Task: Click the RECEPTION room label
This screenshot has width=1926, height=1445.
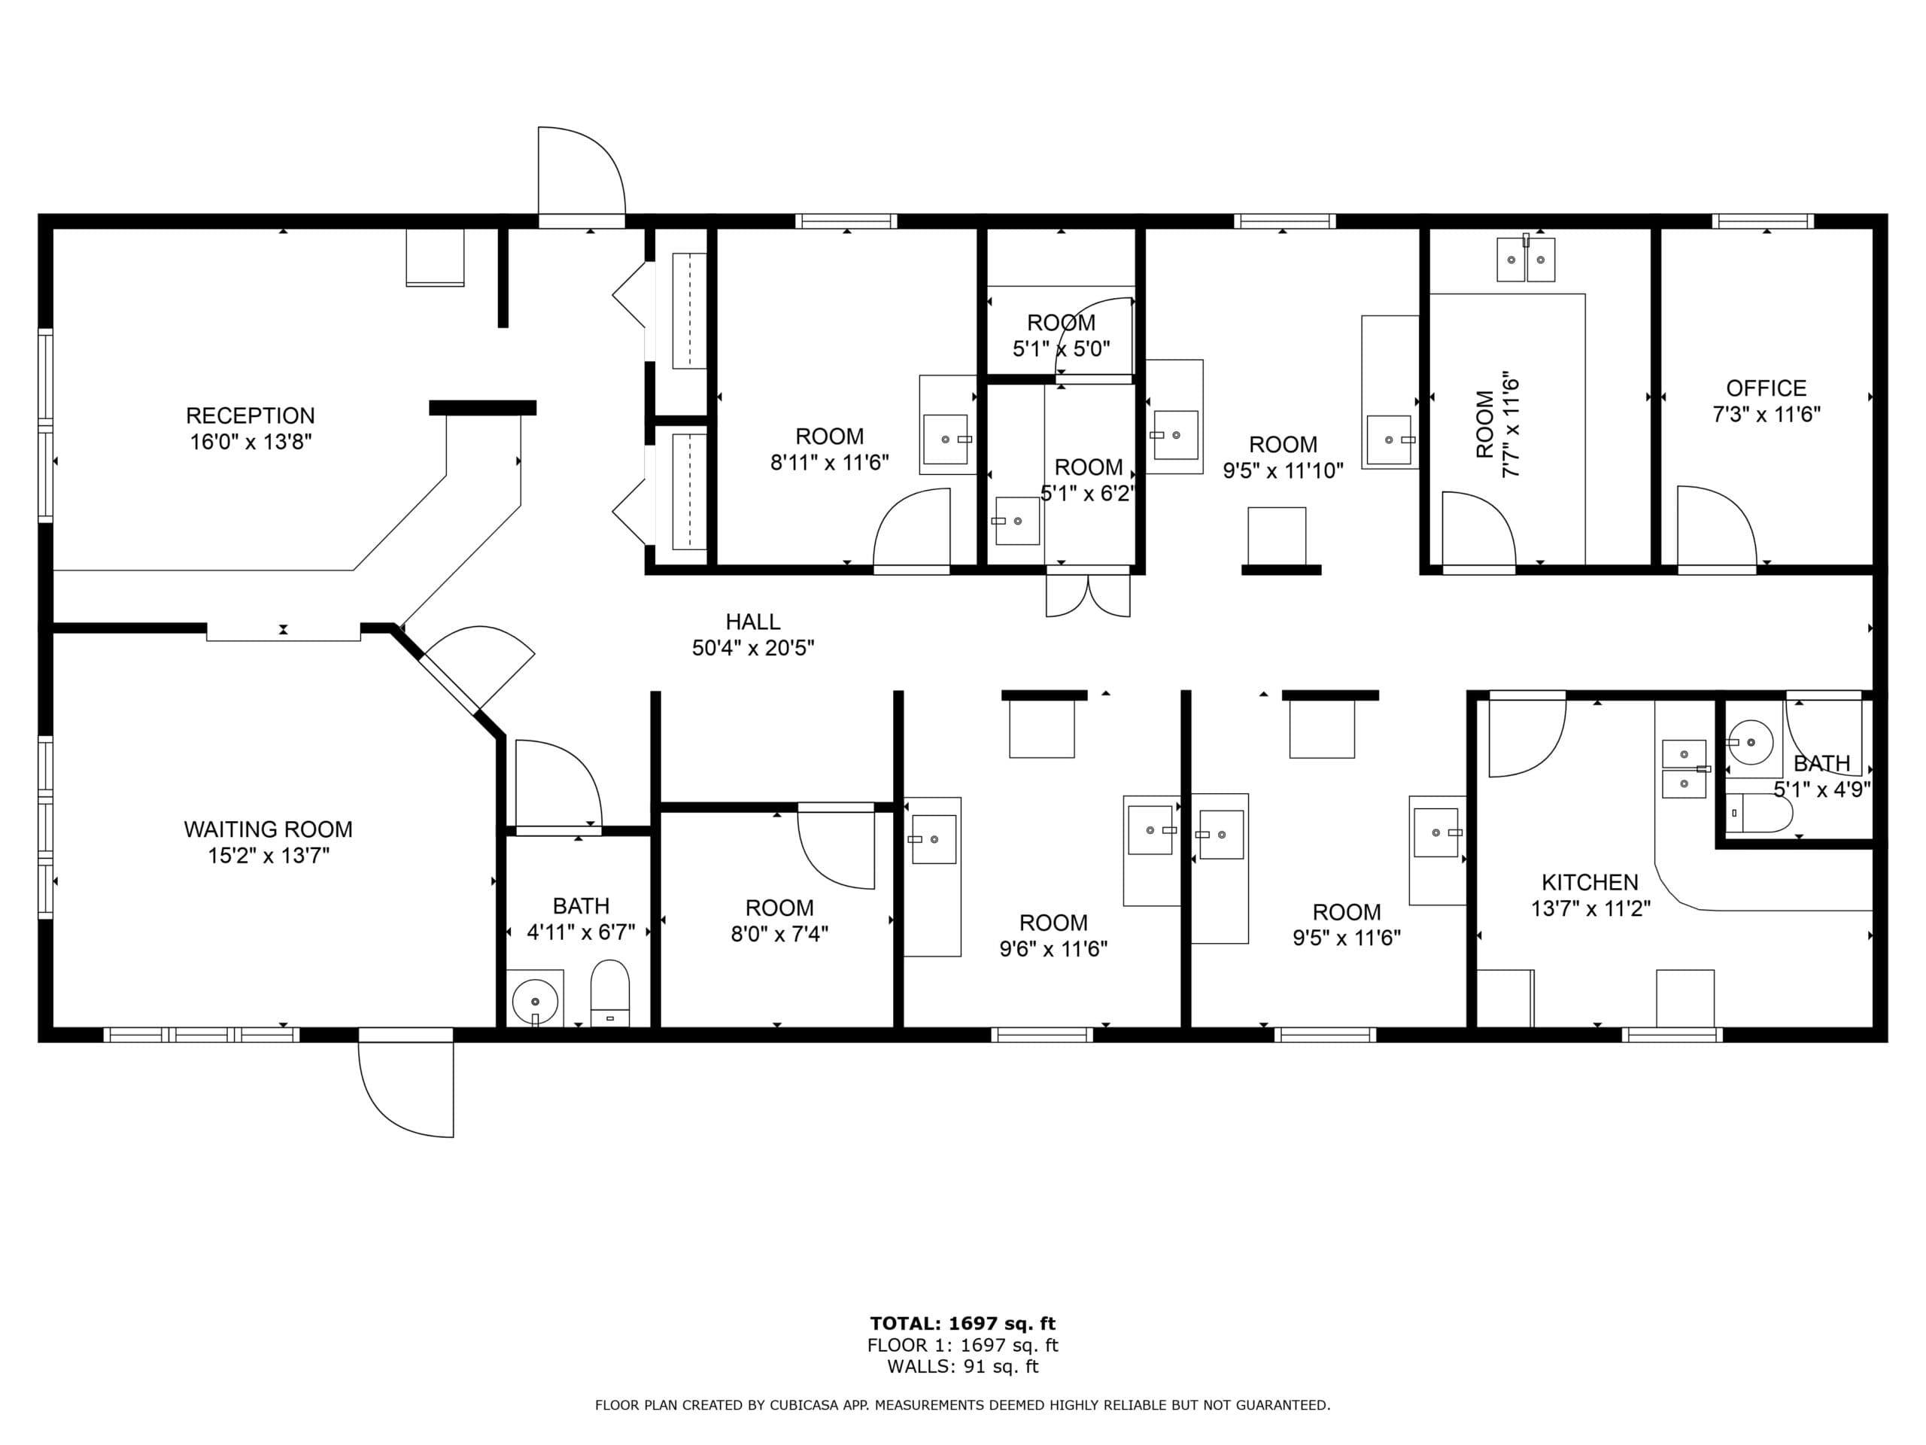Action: point(250,415)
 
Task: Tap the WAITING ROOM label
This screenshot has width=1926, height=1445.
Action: point(268,829)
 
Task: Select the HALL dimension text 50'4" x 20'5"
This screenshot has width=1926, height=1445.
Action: point(753,648)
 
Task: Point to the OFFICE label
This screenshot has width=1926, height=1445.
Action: point(1766,388)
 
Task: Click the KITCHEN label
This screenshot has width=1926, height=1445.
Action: point(1590,882)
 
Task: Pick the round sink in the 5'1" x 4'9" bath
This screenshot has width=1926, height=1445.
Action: point(1750,743)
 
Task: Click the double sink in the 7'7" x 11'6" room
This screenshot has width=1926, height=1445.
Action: point(1526,260)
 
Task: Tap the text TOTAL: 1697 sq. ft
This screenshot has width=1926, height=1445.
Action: point(962,1324)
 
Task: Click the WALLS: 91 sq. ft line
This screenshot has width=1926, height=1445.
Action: point(962,1366)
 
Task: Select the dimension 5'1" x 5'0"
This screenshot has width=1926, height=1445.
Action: point(1061,349)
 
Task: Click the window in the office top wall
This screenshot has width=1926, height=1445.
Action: point(1763,221)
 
